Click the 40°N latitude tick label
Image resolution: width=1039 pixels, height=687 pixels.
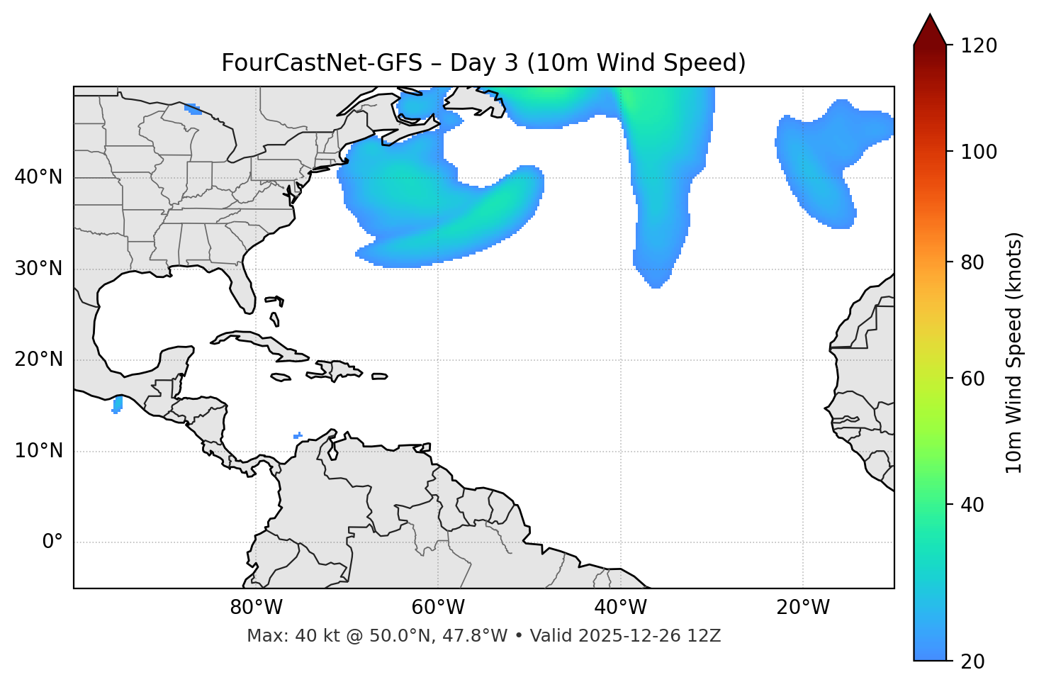38,177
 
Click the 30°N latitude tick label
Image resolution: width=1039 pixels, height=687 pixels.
38,269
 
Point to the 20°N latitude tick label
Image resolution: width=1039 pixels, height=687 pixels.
38,359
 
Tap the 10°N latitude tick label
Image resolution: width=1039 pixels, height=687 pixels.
38,451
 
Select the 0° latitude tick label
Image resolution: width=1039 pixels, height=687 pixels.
52,542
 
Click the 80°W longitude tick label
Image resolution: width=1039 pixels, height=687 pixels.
256,608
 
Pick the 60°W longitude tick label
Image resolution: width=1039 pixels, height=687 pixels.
438,608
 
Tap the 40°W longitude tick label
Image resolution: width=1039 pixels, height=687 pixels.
620,608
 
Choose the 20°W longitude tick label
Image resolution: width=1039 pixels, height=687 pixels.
803,608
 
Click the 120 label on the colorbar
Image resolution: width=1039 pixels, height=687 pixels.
978,46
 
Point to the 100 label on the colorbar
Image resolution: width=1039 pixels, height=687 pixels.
978,152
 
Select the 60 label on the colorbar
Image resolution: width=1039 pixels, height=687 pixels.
970,379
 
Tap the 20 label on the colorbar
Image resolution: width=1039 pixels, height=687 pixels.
970,661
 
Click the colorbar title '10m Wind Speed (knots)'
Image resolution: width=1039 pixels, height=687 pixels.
1014,352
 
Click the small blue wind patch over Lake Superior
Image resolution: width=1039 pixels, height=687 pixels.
192,108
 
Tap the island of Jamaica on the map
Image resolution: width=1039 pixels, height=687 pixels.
281,377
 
